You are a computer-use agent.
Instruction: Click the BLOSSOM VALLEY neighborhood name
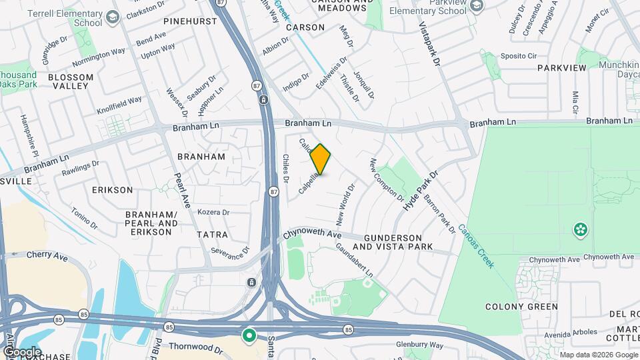coord(71,81)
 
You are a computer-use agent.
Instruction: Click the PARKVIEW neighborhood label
coord(561,68)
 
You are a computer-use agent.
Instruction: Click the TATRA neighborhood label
coord(212,235)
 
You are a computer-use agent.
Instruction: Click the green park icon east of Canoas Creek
coord(581,231)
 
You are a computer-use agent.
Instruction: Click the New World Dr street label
coord(345,202)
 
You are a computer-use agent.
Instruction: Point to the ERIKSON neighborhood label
coord(113,190)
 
